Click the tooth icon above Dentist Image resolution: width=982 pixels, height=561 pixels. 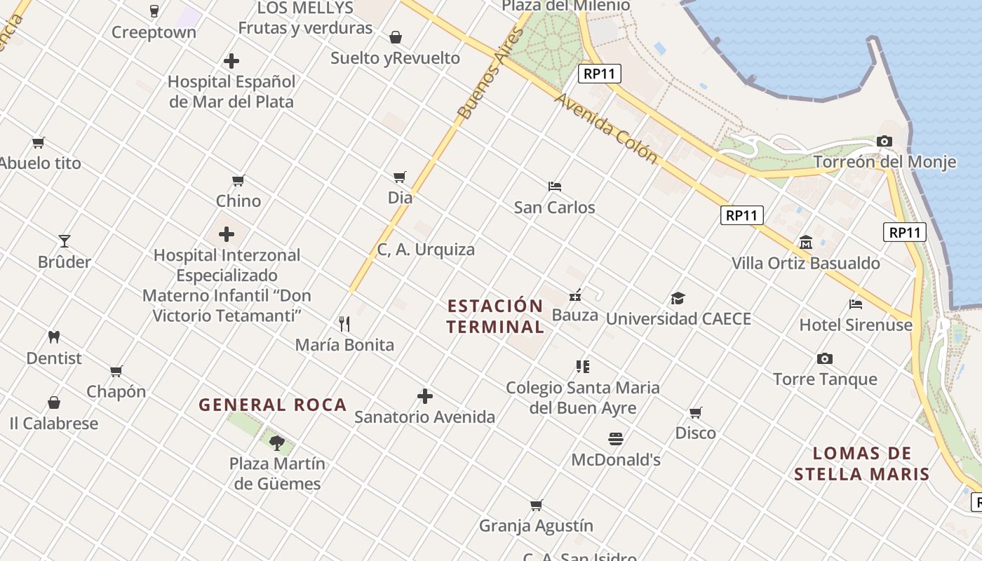pos(54,337)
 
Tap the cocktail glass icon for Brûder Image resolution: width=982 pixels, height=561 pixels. pos(65,241)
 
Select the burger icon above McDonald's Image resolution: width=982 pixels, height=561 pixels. pos(616,439)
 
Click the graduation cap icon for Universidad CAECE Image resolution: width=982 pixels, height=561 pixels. pos(678,299)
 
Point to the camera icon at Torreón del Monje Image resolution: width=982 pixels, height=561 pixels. pos(884,142)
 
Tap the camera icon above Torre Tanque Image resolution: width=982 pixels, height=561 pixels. pos(825,359)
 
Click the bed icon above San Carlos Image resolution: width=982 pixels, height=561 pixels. pos(554,187)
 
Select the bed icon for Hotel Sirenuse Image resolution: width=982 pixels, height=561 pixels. pos(856,304)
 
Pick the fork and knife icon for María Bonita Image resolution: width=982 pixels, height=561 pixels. pos(344,324)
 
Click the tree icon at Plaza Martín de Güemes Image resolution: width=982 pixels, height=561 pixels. pos(277,442)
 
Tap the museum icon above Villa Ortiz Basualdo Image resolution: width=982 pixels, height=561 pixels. pos(805,243)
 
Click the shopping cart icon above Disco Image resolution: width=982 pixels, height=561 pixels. pos(695,412)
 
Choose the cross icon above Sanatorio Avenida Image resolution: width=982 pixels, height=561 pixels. pos(424,396)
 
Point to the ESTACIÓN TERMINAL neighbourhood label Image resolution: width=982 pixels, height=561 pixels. pos(495,316)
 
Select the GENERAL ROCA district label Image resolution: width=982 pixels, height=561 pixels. pos(273,405)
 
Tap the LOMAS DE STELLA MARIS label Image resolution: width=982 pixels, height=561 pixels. pos(862,464)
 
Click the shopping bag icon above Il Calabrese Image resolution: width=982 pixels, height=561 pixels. pos(54,403)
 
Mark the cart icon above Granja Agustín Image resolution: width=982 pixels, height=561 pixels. pos(537,505)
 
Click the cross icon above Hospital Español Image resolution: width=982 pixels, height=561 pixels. pos(231,61)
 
